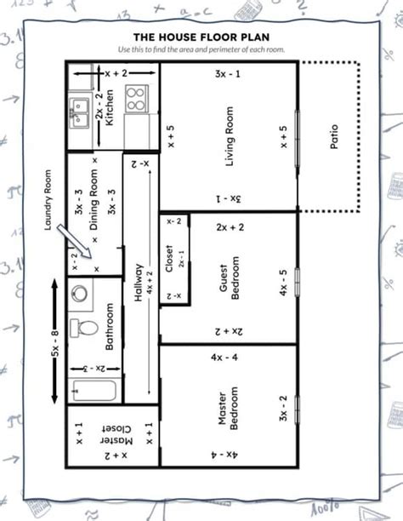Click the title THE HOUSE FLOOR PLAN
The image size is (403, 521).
click(201, 37)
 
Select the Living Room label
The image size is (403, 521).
click(230, 137)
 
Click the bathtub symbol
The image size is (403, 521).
click(93, 391)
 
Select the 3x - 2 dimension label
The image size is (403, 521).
click(284, 408)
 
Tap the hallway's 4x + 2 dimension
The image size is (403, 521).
click(150, 281)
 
